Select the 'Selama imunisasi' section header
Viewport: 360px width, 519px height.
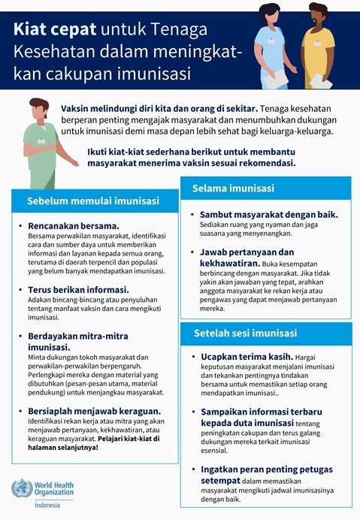point(233,188)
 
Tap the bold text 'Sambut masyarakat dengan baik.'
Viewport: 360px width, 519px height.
point(268,214)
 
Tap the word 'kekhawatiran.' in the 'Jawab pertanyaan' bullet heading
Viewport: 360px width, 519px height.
point(230,264)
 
